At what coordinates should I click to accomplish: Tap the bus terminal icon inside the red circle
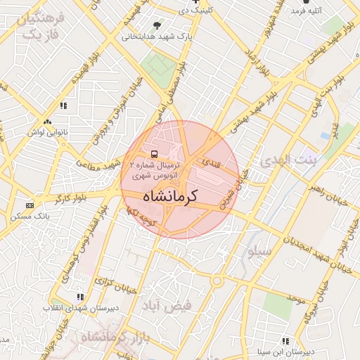[153, 153]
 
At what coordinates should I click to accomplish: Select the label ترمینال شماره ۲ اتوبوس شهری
[153, 167]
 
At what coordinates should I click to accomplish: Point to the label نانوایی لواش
[46, 131]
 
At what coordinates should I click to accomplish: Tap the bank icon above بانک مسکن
[29, 205]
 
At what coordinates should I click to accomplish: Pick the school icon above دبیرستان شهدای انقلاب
[80, 297]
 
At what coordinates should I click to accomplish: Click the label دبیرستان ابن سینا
[285, 351]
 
